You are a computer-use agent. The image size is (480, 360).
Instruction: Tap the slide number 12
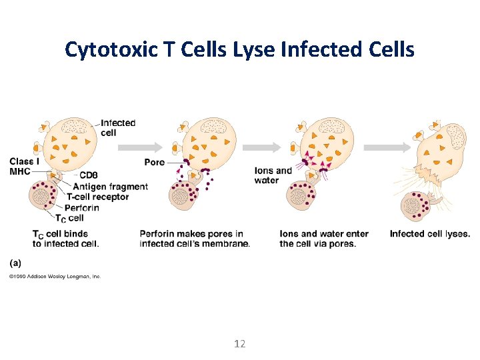click(240, 344)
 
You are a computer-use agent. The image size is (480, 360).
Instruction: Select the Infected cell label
click(118, 127)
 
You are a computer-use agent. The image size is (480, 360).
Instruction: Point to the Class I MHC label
click(24, 167)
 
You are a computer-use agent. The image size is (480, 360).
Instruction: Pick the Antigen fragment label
click(110, 186)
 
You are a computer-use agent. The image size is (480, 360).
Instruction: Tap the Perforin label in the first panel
click(83, 207)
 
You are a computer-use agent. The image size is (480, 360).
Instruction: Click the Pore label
click(154, 162)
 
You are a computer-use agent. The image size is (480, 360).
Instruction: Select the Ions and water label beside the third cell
click(273, 175)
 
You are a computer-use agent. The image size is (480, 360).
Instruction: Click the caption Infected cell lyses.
click(430, 234)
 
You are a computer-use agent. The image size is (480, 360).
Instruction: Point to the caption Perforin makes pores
click(195, 239)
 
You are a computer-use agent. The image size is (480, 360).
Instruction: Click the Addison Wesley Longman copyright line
click(55, 276)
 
